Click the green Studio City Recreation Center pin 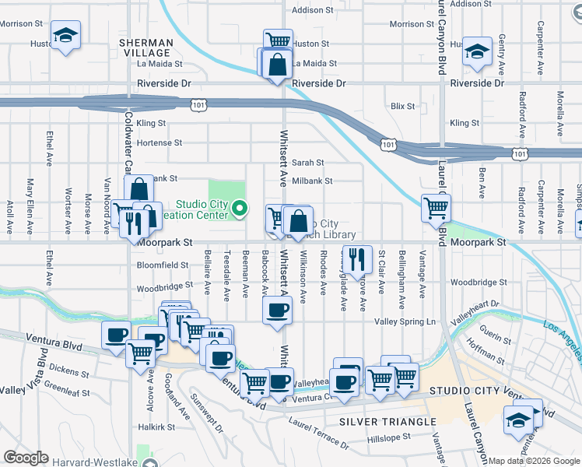coord(240,208)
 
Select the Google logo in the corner coord(26,458)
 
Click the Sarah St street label coord(307,163)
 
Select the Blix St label coord(403,106)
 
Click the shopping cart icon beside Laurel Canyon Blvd coord(436,207)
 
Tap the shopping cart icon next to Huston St coord(278,41)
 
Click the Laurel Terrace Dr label coord(318,433)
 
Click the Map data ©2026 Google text coord(534,461)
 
